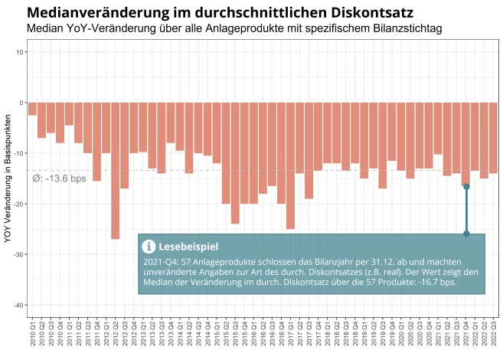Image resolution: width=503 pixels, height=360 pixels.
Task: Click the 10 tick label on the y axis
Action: click(x=21, y=52)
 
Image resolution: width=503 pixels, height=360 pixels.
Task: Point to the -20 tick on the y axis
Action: click(x=20, y=204)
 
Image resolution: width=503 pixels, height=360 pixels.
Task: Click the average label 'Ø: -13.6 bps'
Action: click(x=60, y=179)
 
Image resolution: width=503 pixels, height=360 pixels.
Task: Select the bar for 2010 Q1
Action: click(x=32, y=110)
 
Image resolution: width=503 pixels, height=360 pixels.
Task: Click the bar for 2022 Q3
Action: click(x=493, y=138)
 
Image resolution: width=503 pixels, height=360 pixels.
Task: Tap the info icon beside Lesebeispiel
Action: click(x=149, y=247)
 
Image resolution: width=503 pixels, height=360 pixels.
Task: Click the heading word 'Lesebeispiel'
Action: click(x=188, y=247)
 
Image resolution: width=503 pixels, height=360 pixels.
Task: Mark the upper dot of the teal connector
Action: click(x=466, y=187)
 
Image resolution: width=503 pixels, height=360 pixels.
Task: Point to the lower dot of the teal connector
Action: click(x=466, y=234)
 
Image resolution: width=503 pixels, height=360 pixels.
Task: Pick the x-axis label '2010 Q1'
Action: click(x=33, y=335)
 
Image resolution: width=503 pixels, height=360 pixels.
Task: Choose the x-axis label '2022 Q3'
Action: click(x=494, y=335)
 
